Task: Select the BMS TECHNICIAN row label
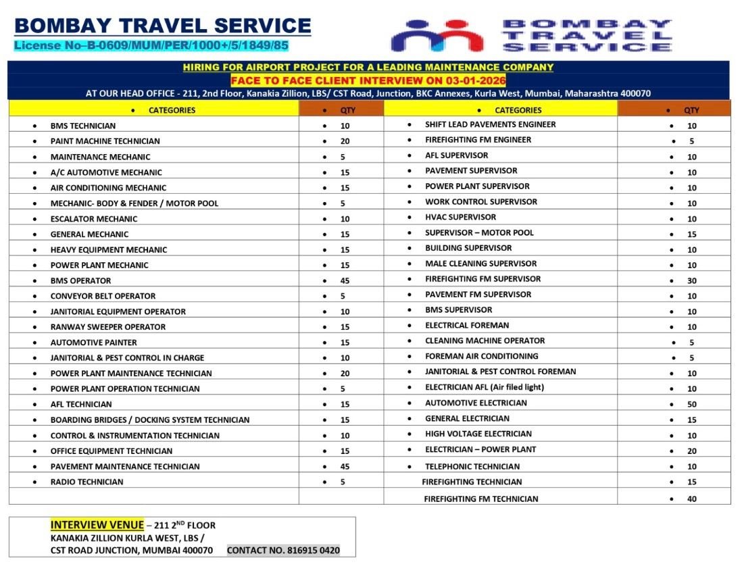83,126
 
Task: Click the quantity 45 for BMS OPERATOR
345,280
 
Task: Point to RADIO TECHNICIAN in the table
87,482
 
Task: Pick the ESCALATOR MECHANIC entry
93,219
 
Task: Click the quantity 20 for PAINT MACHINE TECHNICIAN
345,141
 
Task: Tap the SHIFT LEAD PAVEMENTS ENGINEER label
490,124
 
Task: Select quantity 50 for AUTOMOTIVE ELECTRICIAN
691,404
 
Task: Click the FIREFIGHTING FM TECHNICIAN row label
480,499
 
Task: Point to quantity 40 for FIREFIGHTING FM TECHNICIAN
691,499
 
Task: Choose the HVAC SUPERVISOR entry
460,217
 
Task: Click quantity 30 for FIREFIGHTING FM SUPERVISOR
691,280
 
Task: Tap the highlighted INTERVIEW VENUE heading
97,525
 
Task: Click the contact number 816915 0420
283,550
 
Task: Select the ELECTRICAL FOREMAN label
467,325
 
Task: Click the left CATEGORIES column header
172,110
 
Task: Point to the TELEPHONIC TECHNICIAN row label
472,466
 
